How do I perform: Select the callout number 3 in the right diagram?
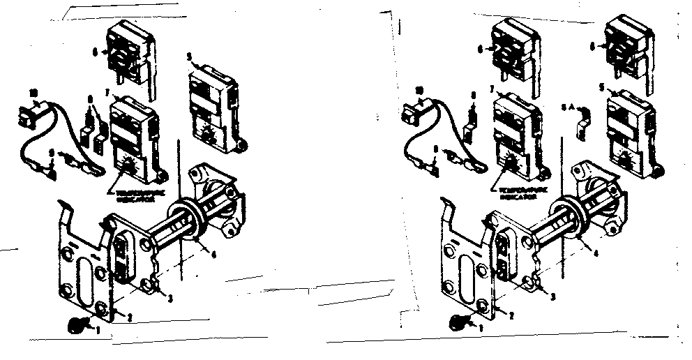click(x=552, y=297)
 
